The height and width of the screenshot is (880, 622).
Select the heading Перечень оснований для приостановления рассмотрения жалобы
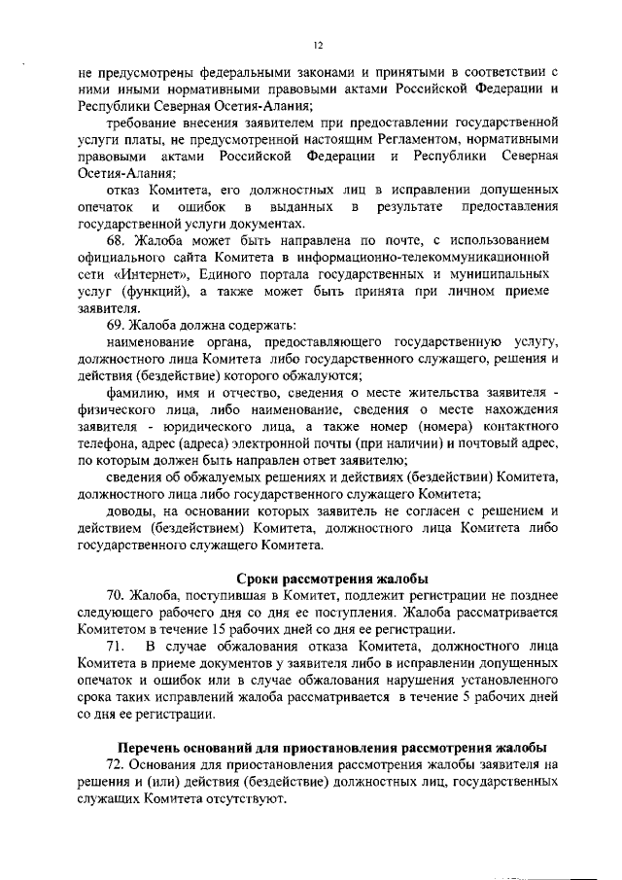pos(332,747)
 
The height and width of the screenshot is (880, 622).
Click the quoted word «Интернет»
pos(151,273)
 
